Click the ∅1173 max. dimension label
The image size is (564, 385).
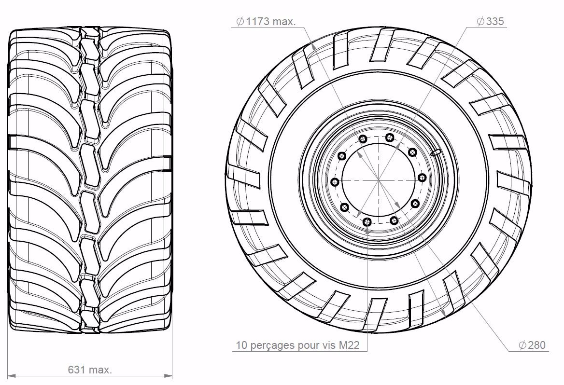[x=265, y=22]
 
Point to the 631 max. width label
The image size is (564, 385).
[x=90, y=370]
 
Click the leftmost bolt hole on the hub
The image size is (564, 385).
[x=335, y=182]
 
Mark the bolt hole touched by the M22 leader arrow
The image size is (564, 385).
[x=367, y=222]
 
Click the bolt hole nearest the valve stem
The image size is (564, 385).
[x=412, y=152]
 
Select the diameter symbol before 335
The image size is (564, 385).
[x=480, y=22]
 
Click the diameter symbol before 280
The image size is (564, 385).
[x=522, y=345]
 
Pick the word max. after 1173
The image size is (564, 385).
[x=284, y=22]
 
